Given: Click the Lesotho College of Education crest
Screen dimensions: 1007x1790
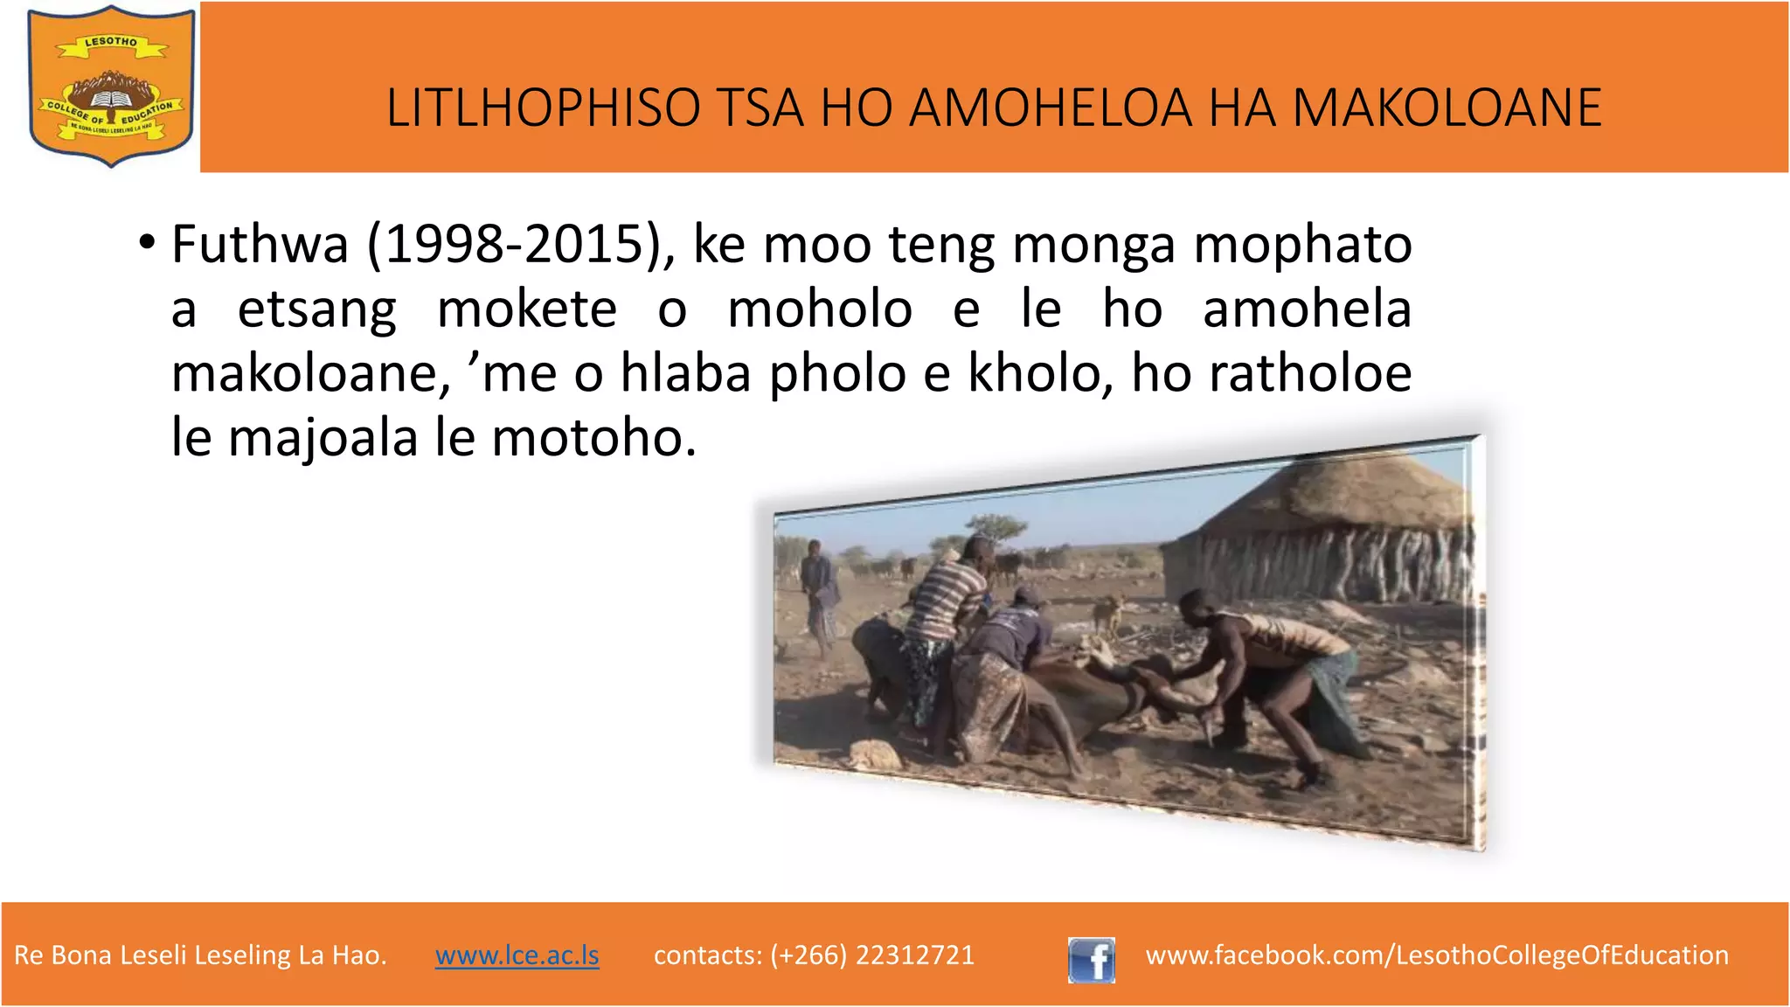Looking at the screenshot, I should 111,86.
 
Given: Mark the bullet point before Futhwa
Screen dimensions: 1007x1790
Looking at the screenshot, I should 147,242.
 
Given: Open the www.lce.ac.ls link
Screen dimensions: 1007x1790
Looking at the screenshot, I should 517,955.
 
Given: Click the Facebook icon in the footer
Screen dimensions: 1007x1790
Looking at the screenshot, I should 1091,960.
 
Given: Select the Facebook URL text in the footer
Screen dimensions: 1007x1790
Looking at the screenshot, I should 1437,955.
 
